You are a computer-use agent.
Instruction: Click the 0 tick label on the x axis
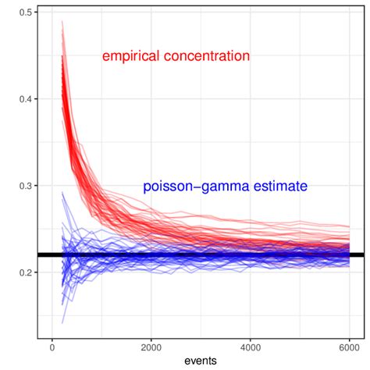click(52, 347)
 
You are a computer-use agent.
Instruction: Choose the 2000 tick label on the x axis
click(151, 347)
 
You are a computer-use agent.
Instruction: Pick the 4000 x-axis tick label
click(250, 347)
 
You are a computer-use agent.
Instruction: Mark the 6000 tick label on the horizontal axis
click(349, 347)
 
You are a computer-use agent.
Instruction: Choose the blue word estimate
click(277, 186)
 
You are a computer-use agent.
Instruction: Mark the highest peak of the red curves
click(62, 22)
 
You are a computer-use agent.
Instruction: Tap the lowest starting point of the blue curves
click(62, 322)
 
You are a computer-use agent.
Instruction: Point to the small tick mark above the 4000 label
click(250, 338)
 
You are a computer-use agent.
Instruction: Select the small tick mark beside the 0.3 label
click(36, 186)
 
